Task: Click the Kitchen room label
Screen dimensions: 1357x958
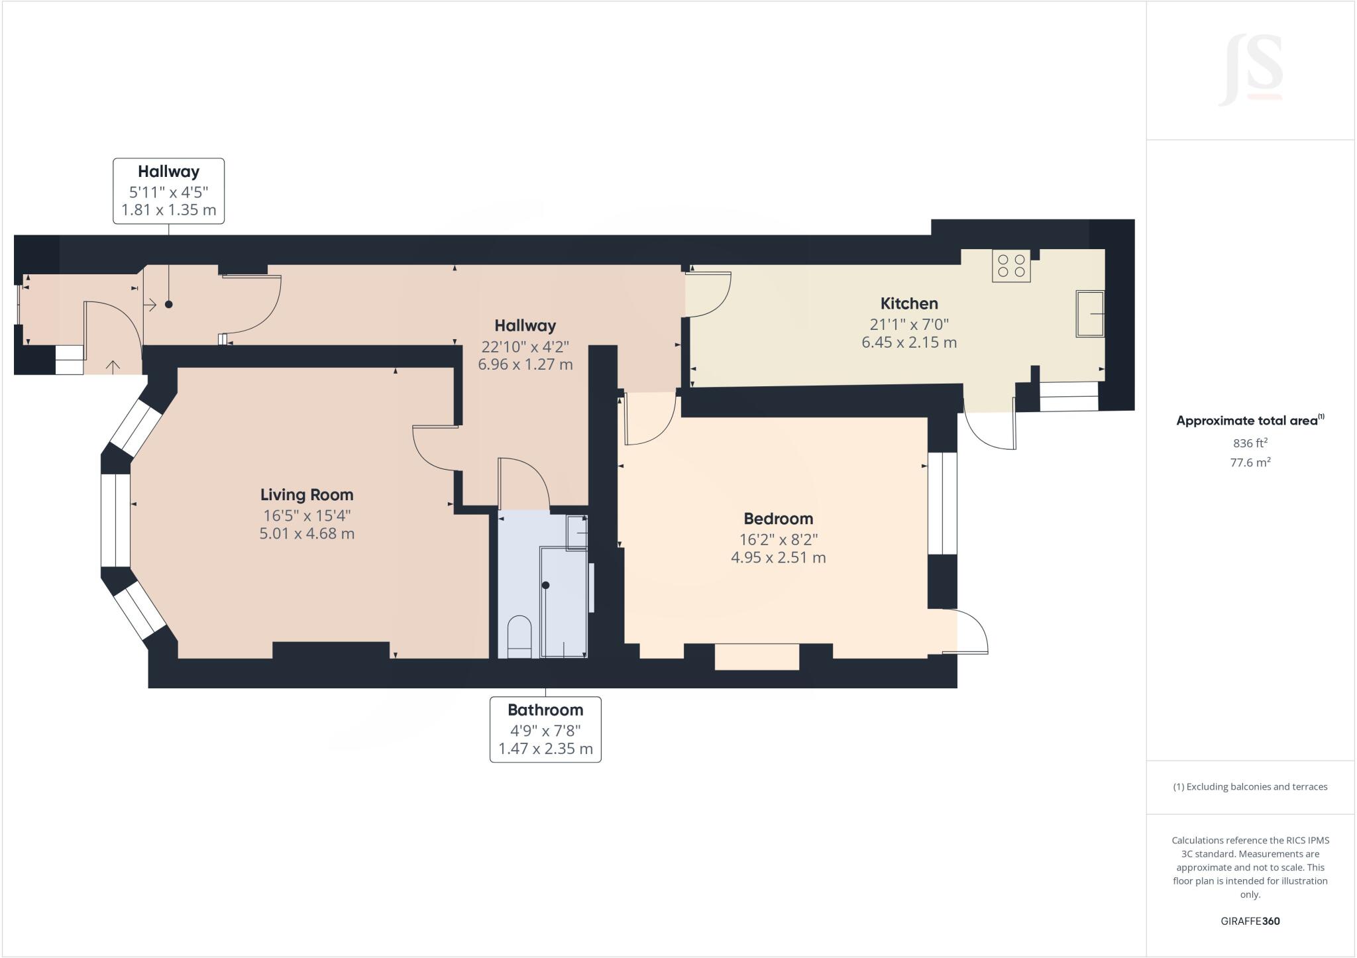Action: click(x=909, y=303)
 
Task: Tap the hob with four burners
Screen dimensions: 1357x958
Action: click(x=1011, y=266)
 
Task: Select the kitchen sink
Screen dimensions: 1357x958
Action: click(x=1090, y=313)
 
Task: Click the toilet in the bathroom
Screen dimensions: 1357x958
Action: click(x=519, y=637)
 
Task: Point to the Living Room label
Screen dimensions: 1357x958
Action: click(x=307, y=495)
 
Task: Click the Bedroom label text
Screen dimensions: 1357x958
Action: click(x=778, y=519)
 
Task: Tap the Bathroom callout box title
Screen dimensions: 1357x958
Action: click(x=545, y=710)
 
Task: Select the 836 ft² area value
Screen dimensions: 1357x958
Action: click(x=1250, y=443)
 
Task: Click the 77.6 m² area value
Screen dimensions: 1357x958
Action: click(x=1250, y=462)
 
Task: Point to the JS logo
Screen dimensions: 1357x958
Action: click(x=1250, y=70)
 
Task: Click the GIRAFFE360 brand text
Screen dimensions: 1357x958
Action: click(x=1250, y=921)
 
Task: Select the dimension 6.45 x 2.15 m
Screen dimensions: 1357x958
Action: click(x=909, y=343)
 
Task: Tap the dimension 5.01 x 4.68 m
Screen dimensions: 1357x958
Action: click(x=307, y=533)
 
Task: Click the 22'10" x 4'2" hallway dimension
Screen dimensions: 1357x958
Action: click(x=525, y=346)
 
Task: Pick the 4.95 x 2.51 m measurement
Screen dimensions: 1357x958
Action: click(x=778, y=557)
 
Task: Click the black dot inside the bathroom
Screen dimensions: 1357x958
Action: click(x=546, y=585)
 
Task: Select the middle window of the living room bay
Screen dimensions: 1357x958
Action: click(x=115, y=520)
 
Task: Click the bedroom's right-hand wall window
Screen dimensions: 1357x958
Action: click(x=942, y=504)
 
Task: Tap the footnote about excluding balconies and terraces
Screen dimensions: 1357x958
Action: click(x=1250, y=787)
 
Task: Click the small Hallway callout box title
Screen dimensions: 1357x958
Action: click(x=168, y=172)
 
